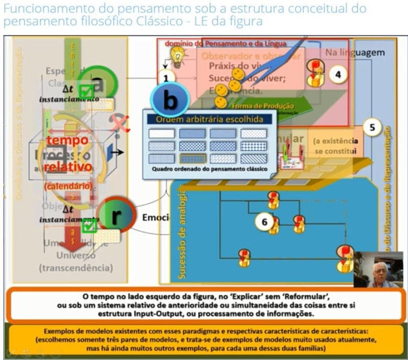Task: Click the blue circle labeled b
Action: (169, 99)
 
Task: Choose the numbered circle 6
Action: (264, 221)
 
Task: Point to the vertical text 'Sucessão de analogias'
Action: (182, 233)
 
